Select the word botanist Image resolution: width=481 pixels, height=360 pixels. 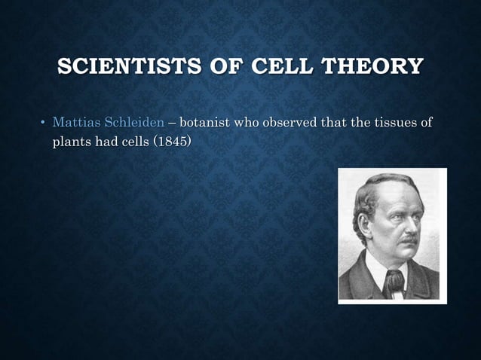tap(215, 123)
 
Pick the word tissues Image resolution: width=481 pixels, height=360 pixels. tap(393, 123)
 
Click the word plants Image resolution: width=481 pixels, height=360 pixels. tap(69, 140)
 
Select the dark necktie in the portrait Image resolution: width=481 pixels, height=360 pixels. tap(393, 282)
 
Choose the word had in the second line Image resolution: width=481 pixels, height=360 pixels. tap(104, 140)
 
